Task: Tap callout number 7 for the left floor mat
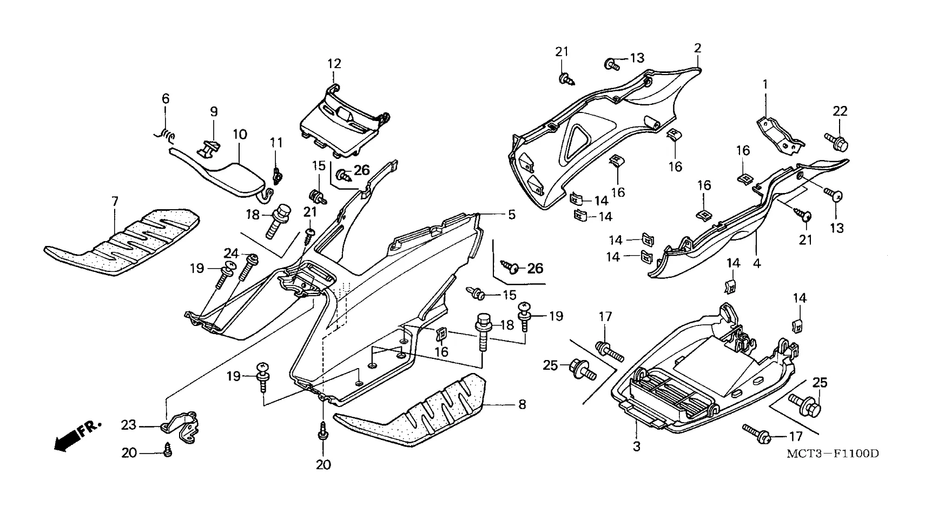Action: (115, 202)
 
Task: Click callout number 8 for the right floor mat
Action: (522, 404)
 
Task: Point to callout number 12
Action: (334, 64)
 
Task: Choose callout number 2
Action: (698, 48)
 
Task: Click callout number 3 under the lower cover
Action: (637, 447)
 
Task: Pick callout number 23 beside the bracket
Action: (129, 426)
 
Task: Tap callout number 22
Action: (840, 111)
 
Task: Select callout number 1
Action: (765, 84)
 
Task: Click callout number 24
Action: (232, 253)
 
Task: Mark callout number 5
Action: (511, 215)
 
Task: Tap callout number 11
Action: (276, 143)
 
